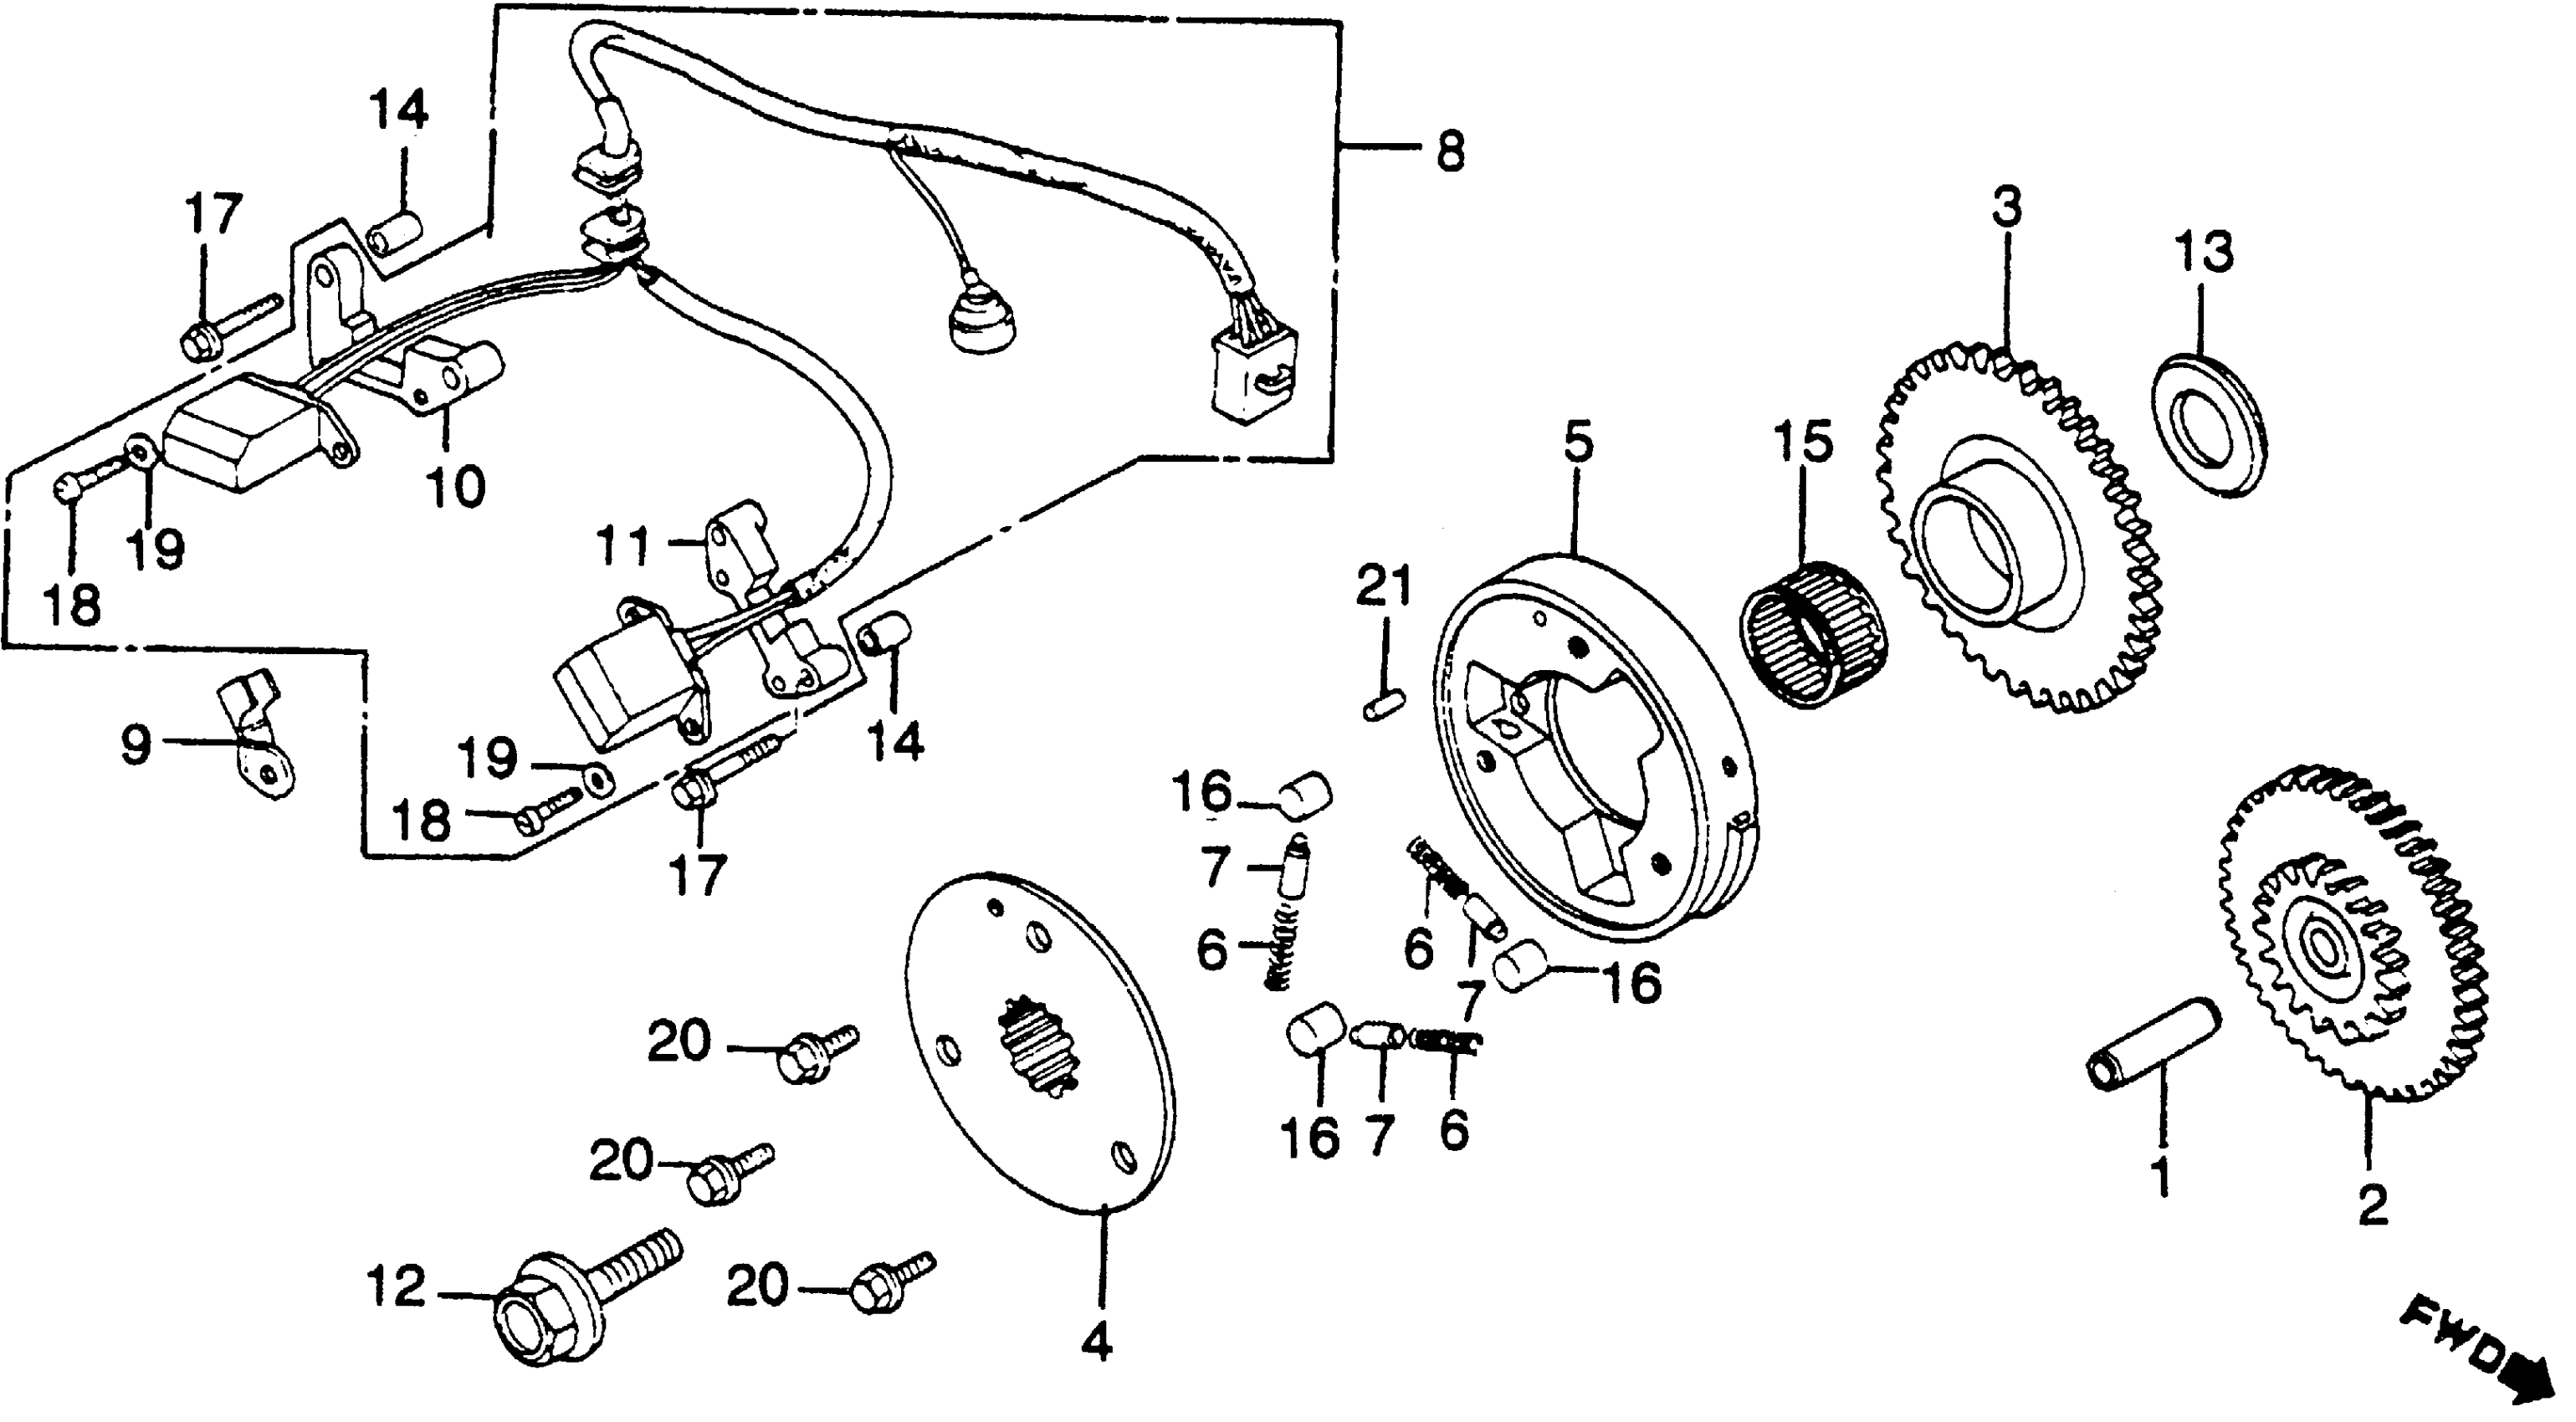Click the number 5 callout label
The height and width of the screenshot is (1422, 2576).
coord(1578,446)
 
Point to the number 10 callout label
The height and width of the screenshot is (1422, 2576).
coord(455,487)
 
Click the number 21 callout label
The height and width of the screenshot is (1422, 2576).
coord(1384,586)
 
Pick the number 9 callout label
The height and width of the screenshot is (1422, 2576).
coord(135,745)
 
